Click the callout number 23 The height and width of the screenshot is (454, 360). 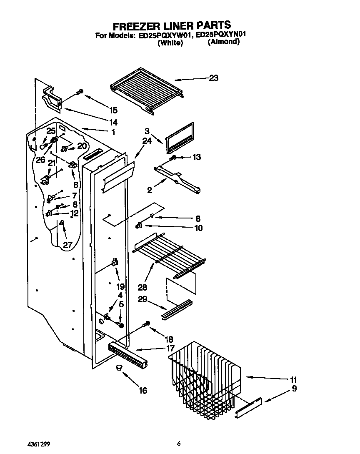point(213,78)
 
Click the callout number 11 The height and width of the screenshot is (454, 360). point(293,379)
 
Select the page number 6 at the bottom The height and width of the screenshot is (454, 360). point(178,443)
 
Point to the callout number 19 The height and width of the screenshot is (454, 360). point(120,287)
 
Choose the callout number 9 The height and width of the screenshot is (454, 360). point(294,389)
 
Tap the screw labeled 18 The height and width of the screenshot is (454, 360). point(146,324)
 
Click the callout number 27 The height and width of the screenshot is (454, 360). point(67,245)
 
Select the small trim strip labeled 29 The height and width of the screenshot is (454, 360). point(177,309)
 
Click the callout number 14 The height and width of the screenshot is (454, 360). point(113,123)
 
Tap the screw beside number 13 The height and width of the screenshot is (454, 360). point(174,158)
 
